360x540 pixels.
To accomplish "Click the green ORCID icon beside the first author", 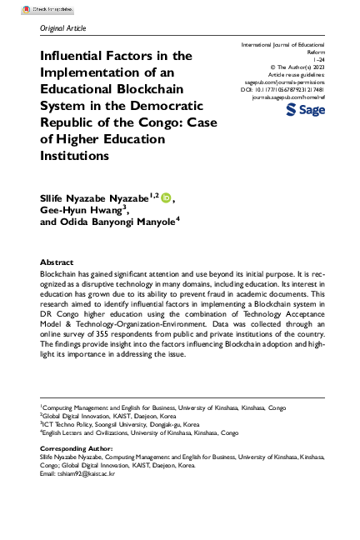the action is pyautogui.click(x=165, y=197).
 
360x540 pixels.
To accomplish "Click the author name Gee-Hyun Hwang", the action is pyautogui.click(x=79, y=211).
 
